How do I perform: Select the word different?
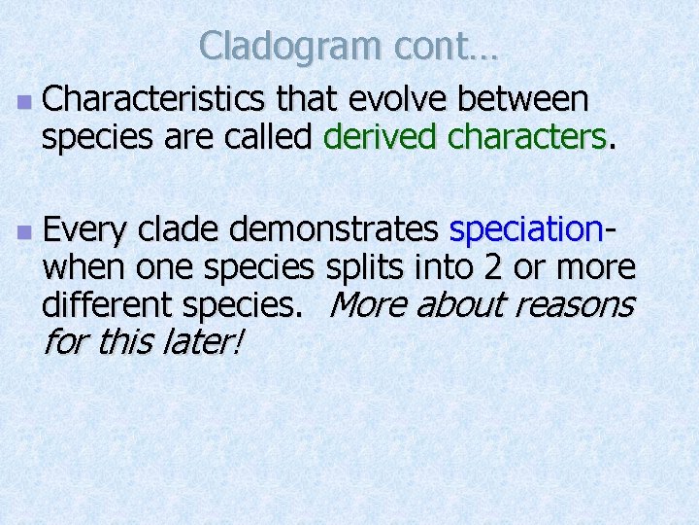point(102,305)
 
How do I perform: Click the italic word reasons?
point(574,305)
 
